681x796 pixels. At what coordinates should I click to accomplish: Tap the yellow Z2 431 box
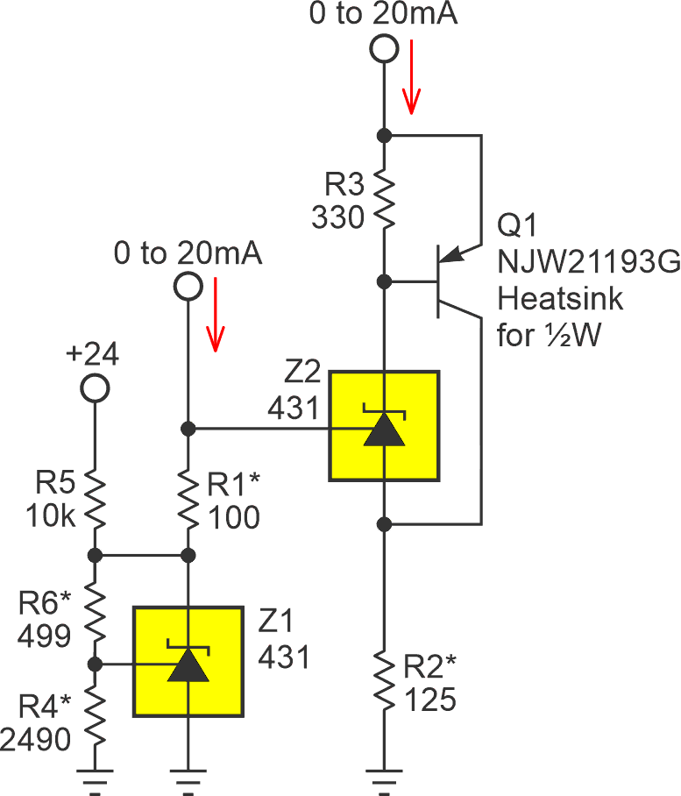pos(384,426)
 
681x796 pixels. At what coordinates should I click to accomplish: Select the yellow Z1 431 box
pos(188,660)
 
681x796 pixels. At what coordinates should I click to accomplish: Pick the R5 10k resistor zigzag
pos(95,500)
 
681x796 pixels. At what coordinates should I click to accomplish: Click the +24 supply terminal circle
pos(95,387)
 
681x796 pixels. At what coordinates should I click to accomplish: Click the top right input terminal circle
pos(383,48)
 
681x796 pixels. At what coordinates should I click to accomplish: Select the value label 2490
pos(35,742)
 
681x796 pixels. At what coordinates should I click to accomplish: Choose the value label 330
pos(337,217)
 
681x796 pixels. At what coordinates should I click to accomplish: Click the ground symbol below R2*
pos(383,775)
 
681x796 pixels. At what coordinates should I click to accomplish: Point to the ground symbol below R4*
pos(95,775)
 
